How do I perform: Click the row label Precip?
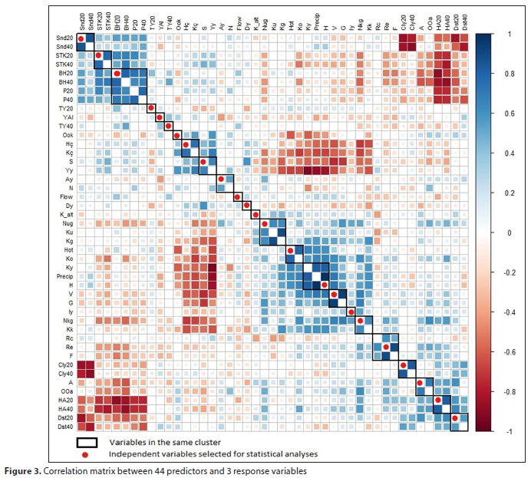(x=64, y=276)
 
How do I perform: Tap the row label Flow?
(x=65, y=196)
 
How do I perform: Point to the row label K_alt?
(x=64, y=214)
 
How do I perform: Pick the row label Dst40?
(x=64, y=427)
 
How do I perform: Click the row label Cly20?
(x=64, y=364)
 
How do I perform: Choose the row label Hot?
(x=68, y=249)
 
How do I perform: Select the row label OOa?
(x=66, y=391)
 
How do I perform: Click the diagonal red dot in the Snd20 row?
(x=81, y=38)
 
